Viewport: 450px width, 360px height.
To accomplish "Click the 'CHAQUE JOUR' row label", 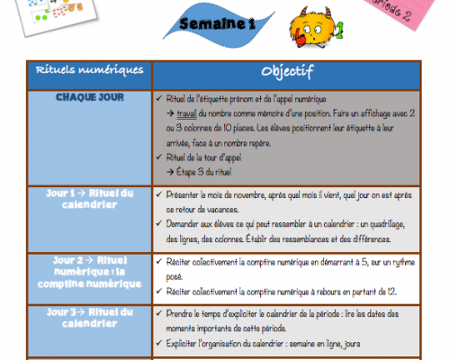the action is tap(88, 97).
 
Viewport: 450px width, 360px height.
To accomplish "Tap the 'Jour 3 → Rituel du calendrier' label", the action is tap(89, 318).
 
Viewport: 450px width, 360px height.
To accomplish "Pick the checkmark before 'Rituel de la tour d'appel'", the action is tap(158, 155).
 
